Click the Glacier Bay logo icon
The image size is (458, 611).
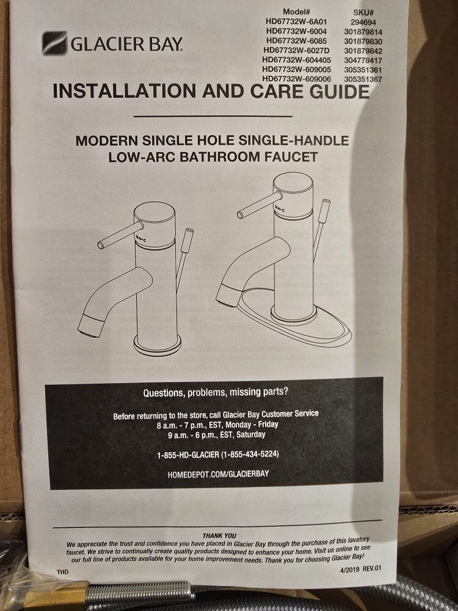tap(54, 43)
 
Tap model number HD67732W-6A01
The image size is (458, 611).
tap(296, 21)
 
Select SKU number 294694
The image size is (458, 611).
tap(363, 23)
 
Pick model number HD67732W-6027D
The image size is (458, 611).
tap(296, 50)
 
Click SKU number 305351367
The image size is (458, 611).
tap(363, 79)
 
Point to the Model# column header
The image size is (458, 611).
tap(296, 12)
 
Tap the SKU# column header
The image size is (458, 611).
tap(363, 13)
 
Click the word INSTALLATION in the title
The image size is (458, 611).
tap(125, 91)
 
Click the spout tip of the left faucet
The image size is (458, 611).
tap(90, 326)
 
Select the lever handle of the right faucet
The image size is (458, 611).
tap(259, 205)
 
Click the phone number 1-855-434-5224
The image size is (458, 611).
tap(250, 455)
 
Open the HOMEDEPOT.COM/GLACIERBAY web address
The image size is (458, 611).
tap(218, 474)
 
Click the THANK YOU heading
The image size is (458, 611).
tap(219, 536)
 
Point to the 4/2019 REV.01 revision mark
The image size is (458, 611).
tap(361, 568)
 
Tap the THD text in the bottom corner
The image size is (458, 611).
tap(62, 572)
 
